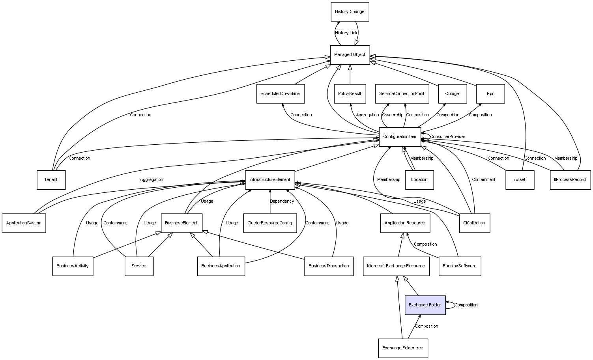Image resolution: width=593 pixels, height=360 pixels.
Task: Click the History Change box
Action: (350, 12)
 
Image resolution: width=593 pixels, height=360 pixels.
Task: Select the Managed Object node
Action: (350, 55)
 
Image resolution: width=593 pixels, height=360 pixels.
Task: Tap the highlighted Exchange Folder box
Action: (425, 305)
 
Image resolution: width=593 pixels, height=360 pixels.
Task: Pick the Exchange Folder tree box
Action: (403, 348)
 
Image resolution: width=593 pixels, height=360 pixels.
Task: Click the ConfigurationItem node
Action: (400, 137)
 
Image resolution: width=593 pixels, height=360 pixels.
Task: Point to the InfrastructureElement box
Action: (270, 180)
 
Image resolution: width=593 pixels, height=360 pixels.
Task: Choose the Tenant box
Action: (51, 180)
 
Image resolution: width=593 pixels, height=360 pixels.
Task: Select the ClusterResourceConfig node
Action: (270, 223)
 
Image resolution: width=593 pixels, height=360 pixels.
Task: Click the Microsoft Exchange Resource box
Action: (396, 266)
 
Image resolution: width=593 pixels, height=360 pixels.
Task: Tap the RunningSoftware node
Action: (460, 266)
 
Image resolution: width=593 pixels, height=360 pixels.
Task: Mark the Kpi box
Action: (490, 94)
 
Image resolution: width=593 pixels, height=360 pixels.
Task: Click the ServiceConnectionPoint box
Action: (402, 94)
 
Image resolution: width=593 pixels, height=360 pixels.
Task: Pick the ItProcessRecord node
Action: (570, 180)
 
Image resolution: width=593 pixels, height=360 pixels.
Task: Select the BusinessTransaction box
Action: (329, 266)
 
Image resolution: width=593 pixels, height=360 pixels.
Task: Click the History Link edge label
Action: (346, 33)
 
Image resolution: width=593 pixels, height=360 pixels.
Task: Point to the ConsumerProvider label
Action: (448, 137)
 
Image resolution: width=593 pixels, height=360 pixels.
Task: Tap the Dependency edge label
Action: (282, 201)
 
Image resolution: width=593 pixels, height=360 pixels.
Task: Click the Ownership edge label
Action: (393, 115)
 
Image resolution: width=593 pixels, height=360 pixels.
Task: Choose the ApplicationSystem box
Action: (24, 223)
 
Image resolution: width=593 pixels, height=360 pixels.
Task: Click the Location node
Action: (419, 180)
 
